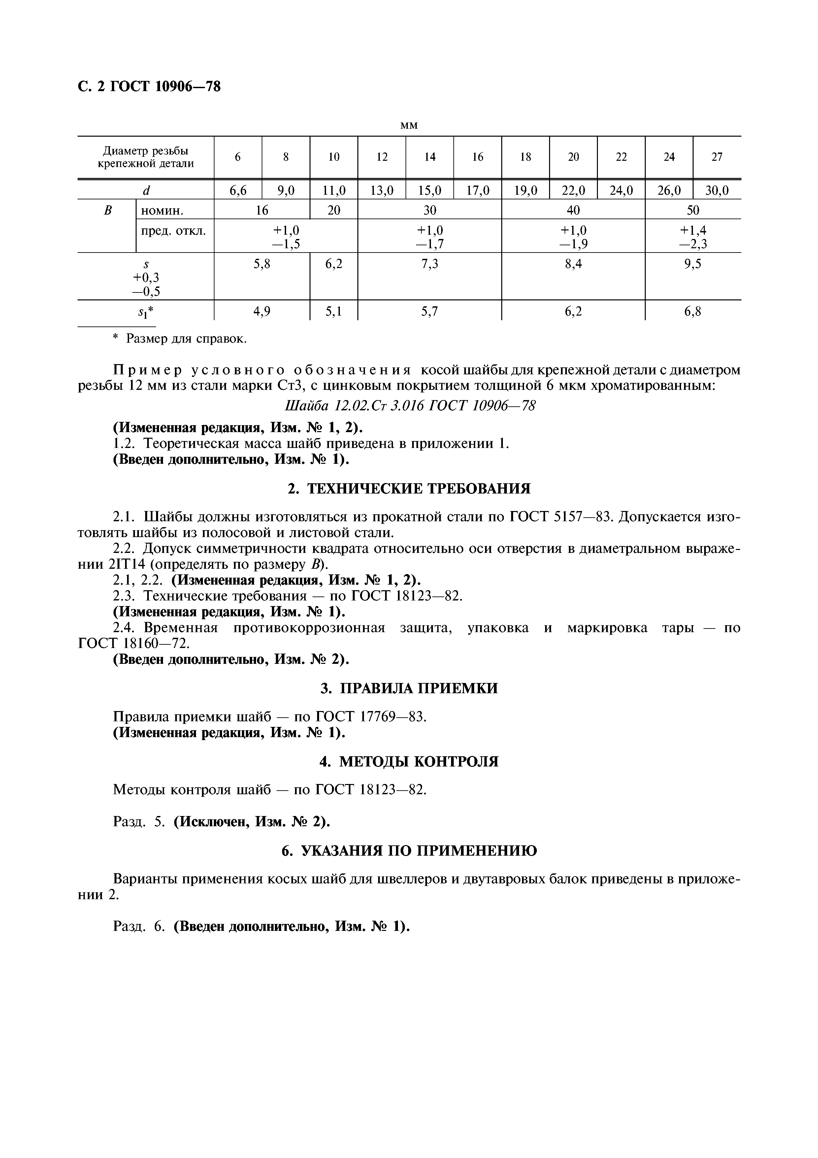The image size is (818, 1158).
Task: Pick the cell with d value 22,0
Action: click(573, 190)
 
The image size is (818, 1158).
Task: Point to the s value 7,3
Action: click(429, 264)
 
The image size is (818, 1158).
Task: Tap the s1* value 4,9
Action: click(262, 312)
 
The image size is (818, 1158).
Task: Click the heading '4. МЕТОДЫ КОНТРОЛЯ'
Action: click(409, 761)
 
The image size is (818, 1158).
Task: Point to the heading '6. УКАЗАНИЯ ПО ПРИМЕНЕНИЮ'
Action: click(409, 851)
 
